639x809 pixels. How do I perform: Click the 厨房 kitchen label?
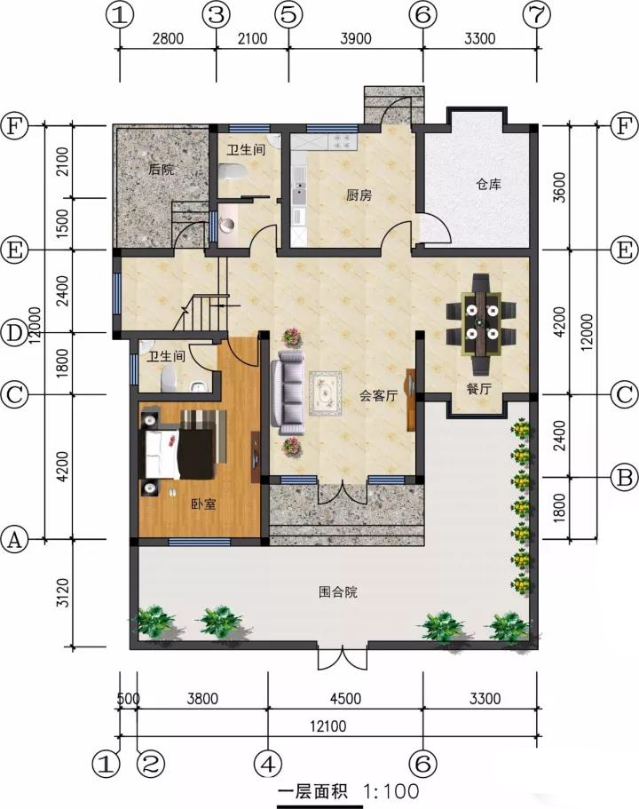click(x=359, y=195)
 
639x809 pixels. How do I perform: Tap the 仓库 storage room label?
click(x=488, y=184)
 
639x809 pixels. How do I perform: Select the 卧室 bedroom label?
click(x=203, y=504)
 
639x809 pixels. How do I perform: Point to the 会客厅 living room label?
click(x=379, y=396)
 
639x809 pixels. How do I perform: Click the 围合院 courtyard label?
click(x=338, y=591)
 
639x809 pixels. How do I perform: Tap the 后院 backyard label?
click(x=161, y=170)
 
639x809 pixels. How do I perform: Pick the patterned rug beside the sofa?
click(x=325, y=393)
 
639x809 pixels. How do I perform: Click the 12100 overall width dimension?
click(x=328, y=726)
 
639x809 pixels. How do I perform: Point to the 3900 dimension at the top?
click(x=355, y=39)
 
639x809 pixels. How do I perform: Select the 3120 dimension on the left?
click(x=61, y=593)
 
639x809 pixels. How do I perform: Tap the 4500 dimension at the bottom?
click(x=345, y=699)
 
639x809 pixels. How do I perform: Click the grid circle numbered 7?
click(x=536, y=15)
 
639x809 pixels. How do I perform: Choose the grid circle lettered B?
click(x=624, y=477)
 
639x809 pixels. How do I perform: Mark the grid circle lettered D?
click(x=14, y=333)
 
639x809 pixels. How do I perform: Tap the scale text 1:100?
click(x=390, y=791)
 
